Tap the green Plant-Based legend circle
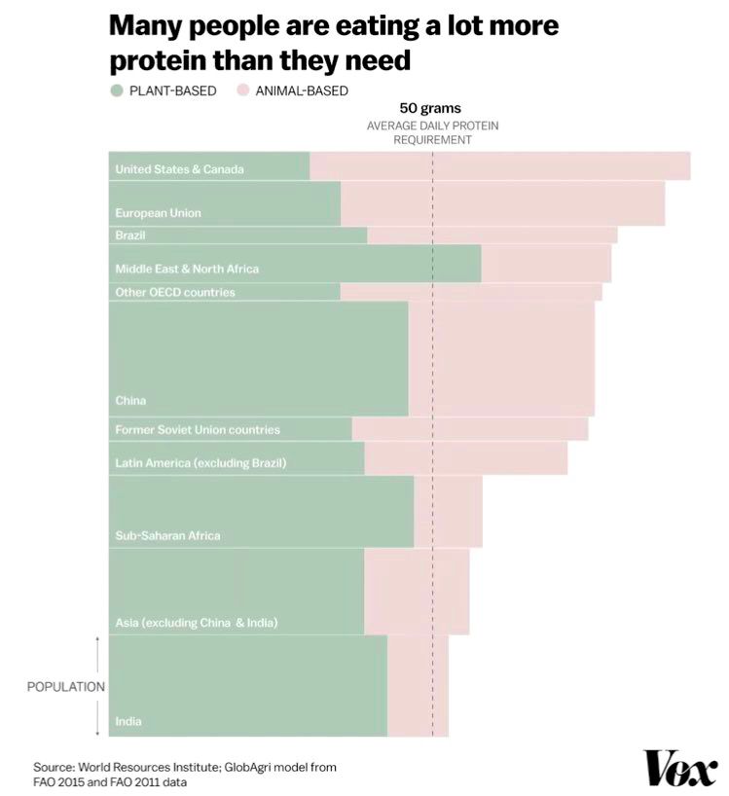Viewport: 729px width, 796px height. click(x=117, y=91)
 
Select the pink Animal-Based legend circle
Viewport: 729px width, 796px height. click(x=240, y=91)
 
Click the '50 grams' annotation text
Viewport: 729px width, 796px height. click(x=430, y=108)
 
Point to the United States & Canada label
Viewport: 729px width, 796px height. click(x=179, y=169)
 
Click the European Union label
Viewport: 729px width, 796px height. click(x=158, y=212)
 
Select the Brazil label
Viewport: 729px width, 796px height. click(x=129, y=235)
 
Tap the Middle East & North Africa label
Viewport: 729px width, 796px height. click(x=187, y=269)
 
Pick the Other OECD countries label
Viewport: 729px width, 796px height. click(x=175, y=292)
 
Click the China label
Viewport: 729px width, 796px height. click(x=130, y=400)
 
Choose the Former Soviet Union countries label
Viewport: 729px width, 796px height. click(x=198, y=429)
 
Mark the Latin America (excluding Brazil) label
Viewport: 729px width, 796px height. click(x=200, y=463)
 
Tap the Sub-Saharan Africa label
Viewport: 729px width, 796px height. click(x=167, y=535)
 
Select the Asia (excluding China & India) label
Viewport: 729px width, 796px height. click(x=196, y=622)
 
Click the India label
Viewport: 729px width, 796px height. click(x=128, y=721)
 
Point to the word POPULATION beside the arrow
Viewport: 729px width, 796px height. click(x=65, y=687)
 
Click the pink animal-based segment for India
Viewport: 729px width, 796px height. click(x=418, y=686)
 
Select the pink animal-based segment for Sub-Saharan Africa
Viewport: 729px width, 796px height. click(x=448, y=511)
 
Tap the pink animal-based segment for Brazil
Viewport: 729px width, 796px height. click(x=492, y=235)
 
